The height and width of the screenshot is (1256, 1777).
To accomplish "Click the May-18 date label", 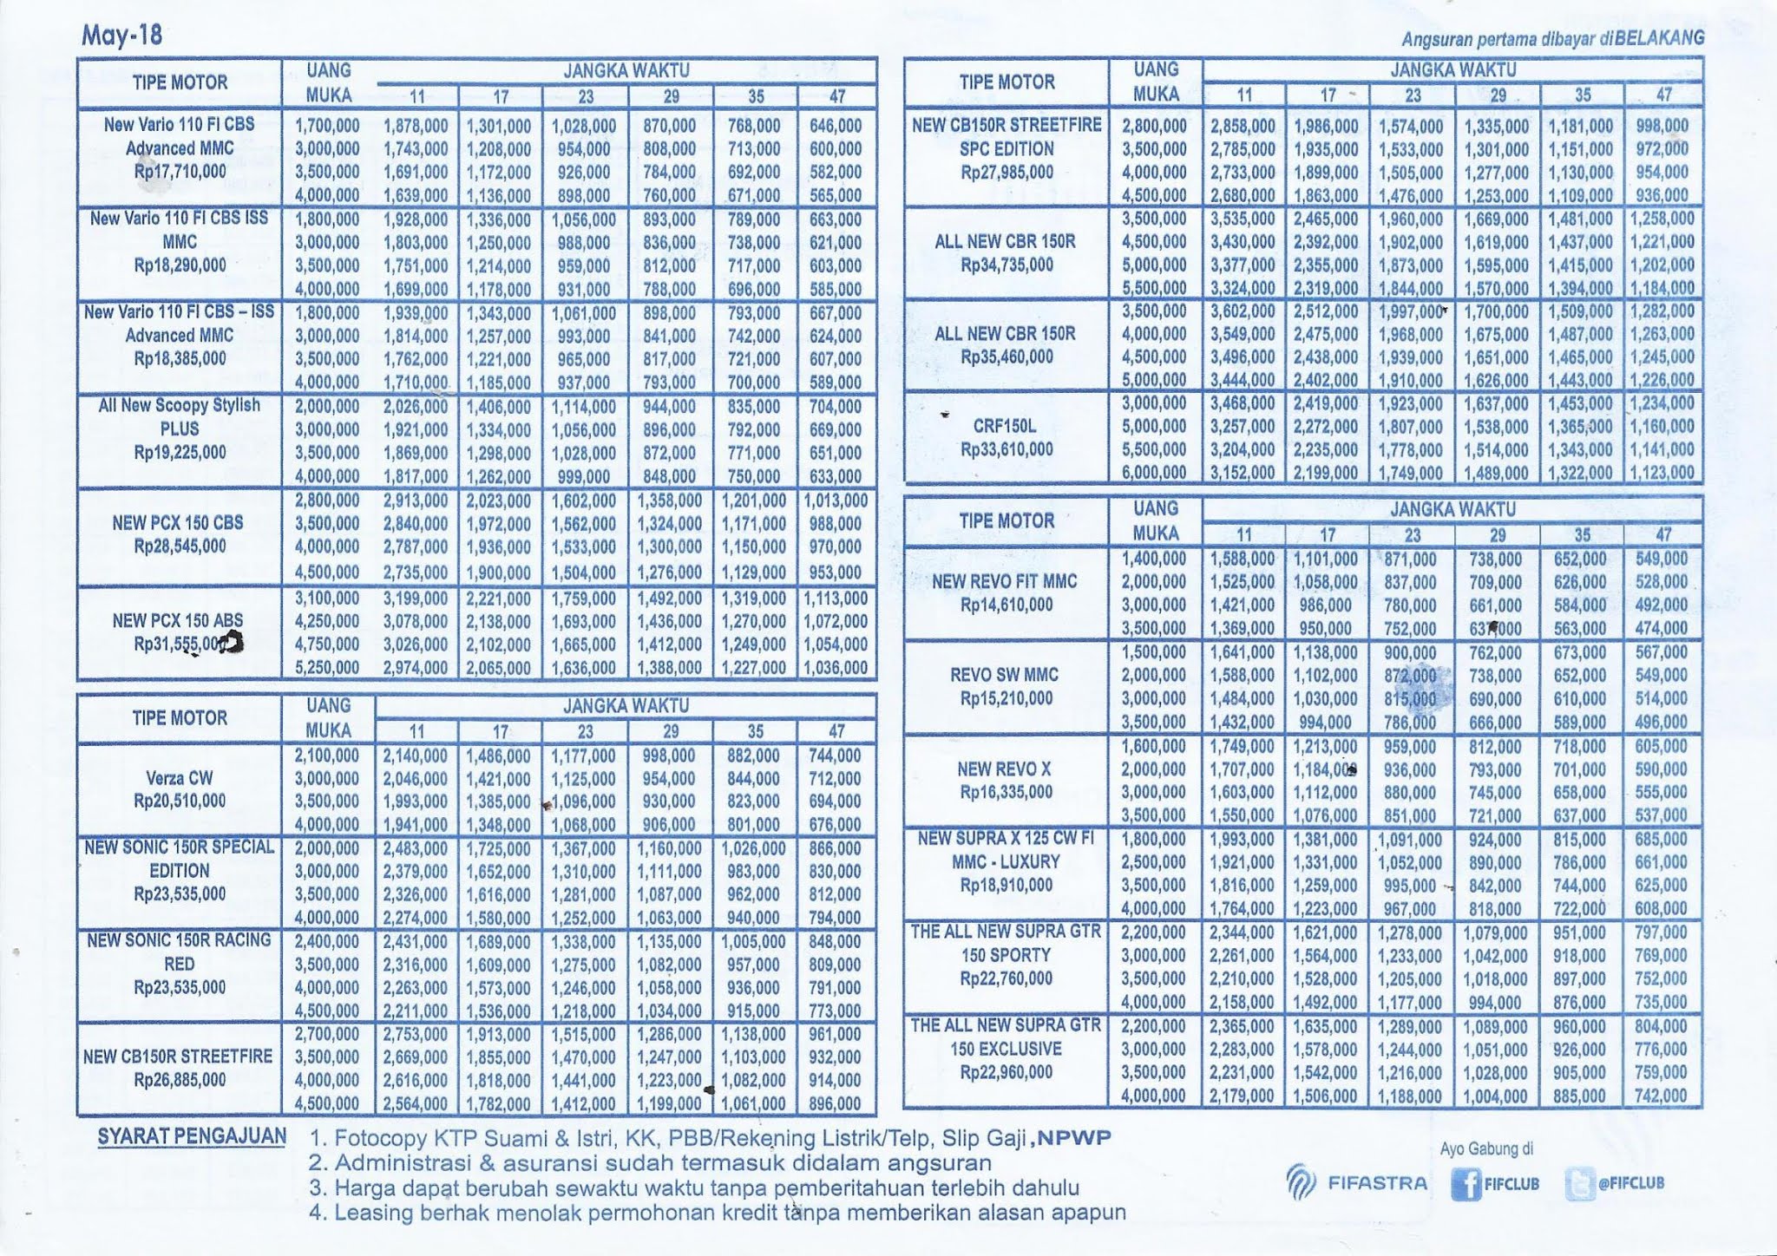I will pos(121,36).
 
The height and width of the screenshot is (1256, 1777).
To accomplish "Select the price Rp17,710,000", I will pos(180,172).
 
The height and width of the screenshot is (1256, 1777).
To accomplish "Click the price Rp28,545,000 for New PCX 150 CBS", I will pos(180,546).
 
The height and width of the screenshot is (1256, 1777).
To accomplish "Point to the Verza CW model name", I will pos(180,778).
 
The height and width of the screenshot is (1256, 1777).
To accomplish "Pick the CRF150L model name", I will pos(1007,426).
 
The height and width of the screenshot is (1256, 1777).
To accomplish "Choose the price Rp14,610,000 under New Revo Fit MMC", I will pos(1007,605).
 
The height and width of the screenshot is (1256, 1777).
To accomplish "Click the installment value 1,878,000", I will pos(416,127).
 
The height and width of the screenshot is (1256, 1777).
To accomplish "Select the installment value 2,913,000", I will pos(416,500).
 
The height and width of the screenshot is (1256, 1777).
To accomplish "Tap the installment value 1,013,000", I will pos(836,500).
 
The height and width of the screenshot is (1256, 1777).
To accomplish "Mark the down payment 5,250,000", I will pos(327,668).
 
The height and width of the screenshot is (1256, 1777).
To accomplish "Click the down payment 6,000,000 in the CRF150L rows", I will pos(1154,473).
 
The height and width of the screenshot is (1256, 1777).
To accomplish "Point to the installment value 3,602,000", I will pos(1243,311).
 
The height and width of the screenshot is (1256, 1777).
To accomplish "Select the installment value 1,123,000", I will pos(1661,473).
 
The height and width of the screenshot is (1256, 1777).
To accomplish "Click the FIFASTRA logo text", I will pos(1377,1183).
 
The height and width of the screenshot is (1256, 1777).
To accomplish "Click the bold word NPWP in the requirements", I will pos(1074,1138).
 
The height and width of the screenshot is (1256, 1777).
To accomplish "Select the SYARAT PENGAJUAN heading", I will pos(192,1136).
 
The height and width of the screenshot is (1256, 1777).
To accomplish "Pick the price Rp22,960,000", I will pos(1007,1072).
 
